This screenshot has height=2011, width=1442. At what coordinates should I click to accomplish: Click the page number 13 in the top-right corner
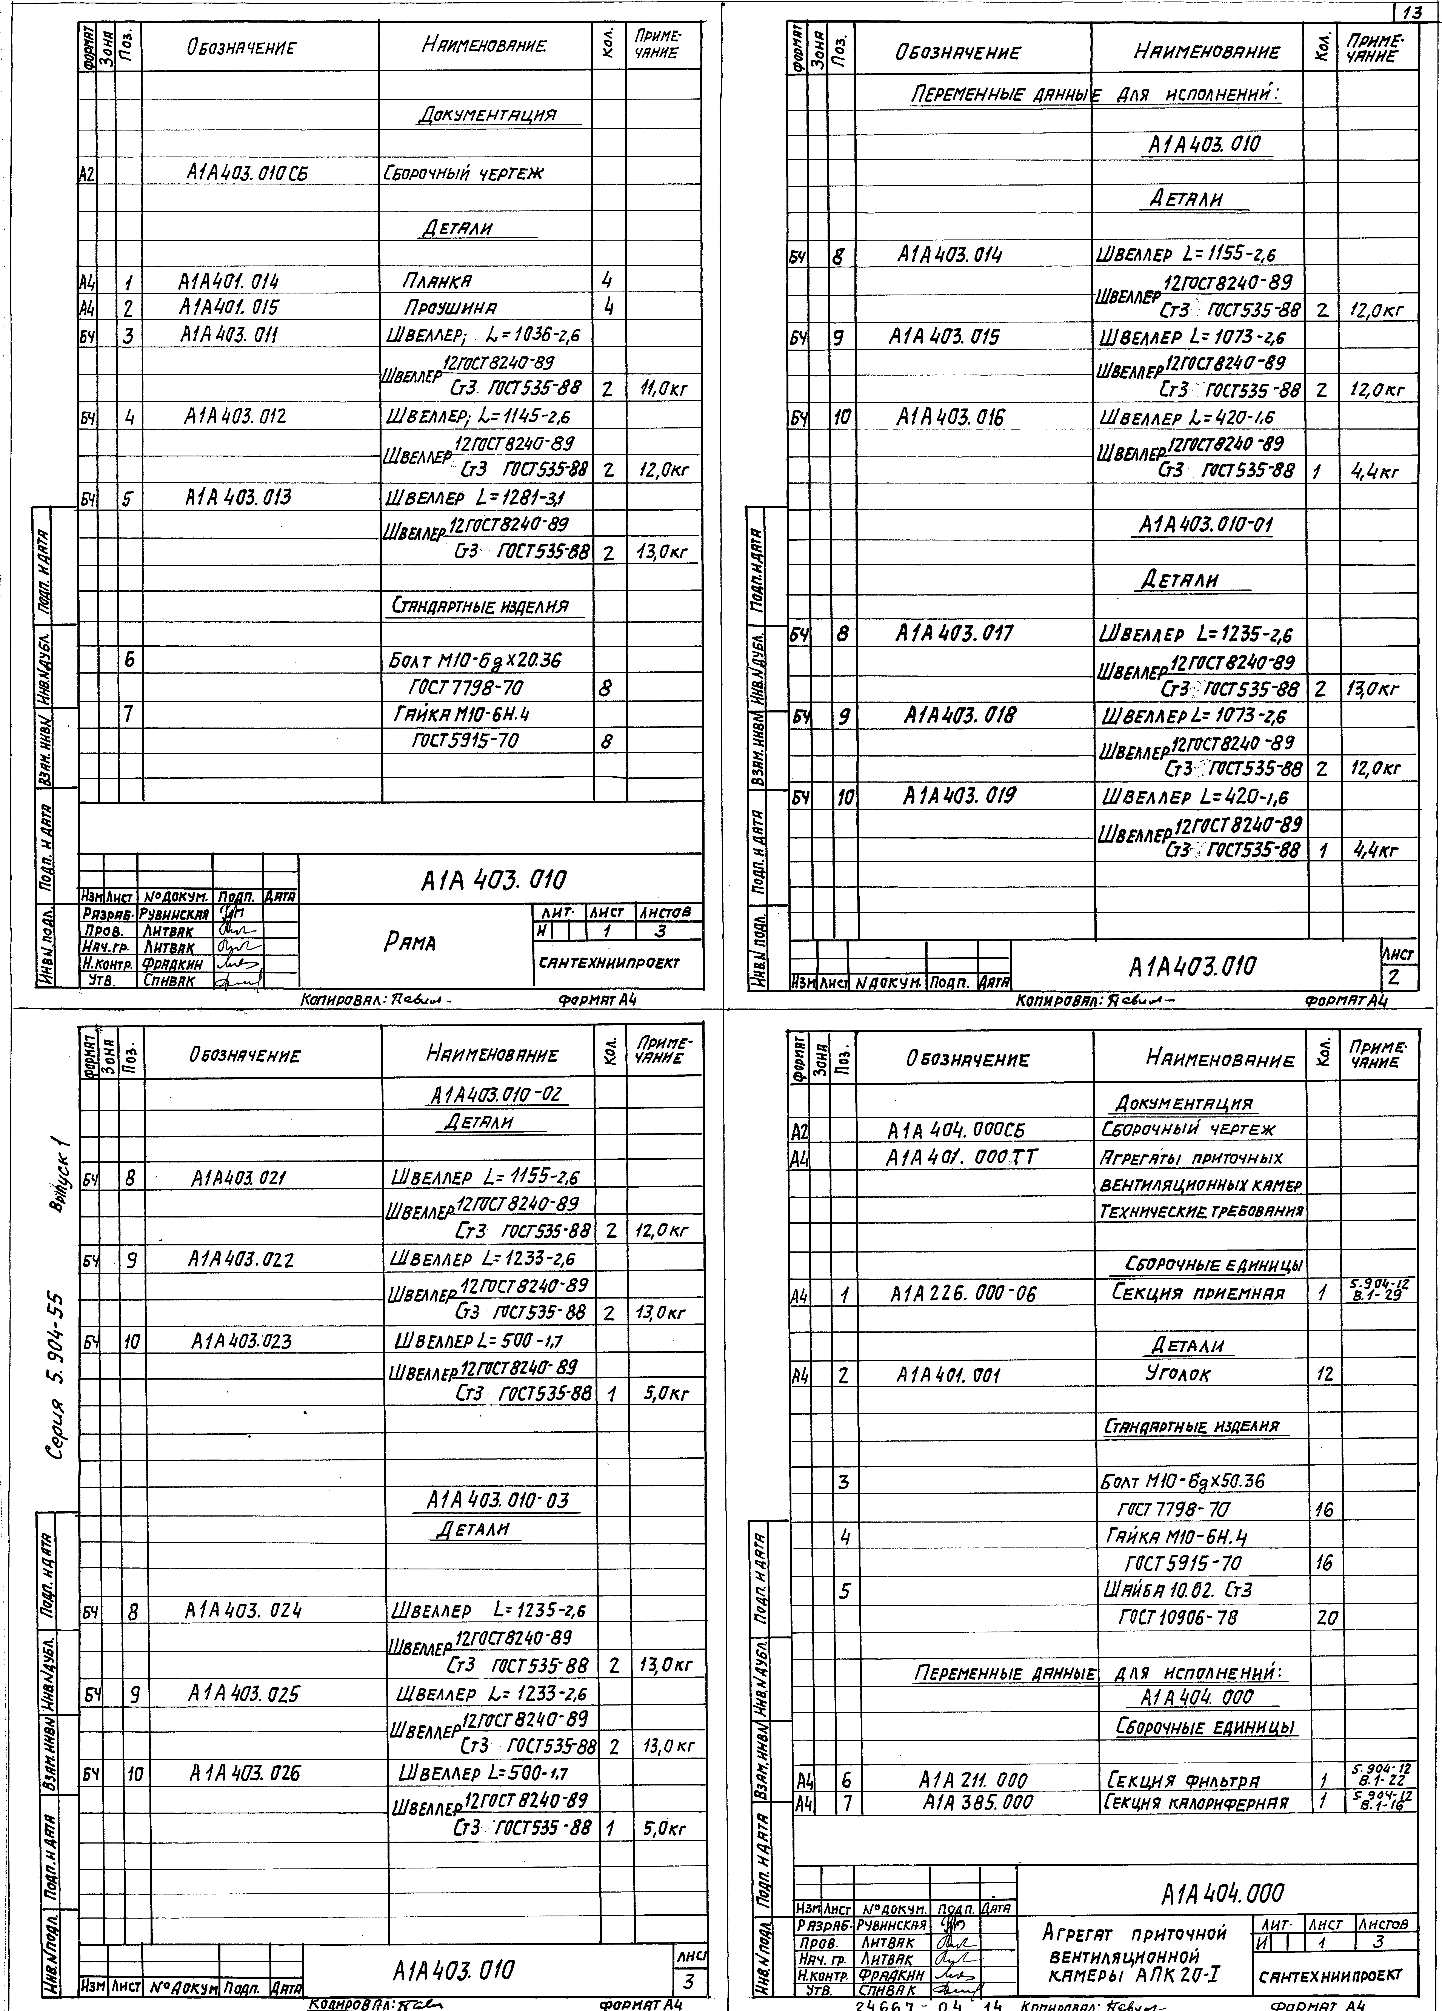[1417, 12]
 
